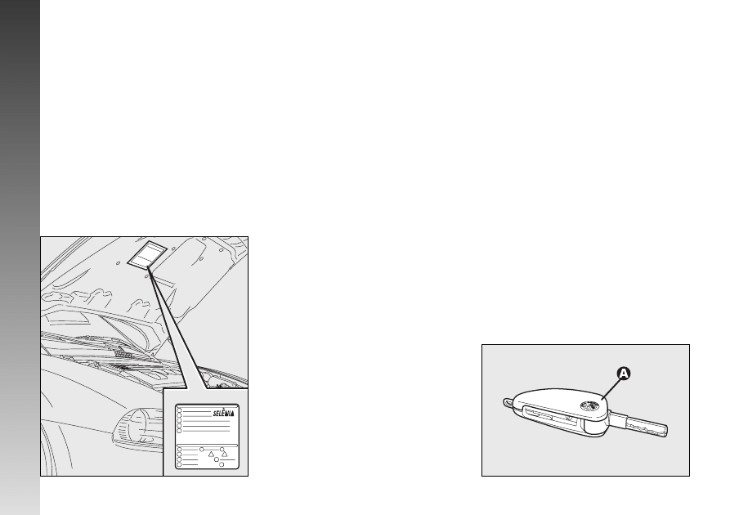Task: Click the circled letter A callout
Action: [624, 374]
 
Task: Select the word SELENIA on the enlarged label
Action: [223, 413]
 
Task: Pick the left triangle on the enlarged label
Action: [211, 454]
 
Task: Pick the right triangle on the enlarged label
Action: [225, 454]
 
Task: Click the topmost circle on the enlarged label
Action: [179, 410]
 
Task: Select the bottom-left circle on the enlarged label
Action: [179, 464]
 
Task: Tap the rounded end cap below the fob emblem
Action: [595, 427]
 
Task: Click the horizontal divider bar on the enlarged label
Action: [207, 446]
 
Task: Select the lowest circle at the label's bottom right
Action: [222, 464]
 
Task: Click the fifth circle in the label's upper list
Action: [179, 431]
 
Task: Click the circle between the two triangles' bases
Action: [217, 459]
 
